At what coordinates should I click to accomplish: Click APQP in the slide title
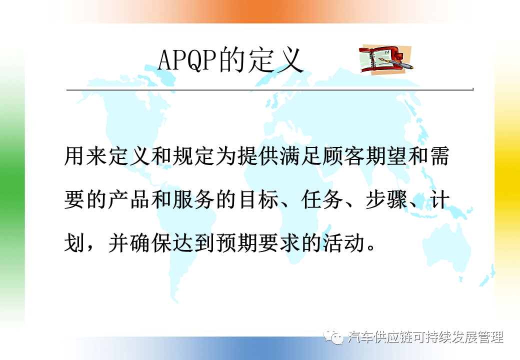[187, 60]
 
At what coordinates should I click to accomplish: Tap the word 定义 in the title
[275, 60]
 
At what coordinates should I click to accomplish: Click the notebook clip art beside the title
[385, 59]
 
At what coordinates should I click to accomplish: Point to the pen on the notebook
[396, 63]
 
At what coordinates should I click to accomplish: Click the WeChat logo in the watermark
[333, 336]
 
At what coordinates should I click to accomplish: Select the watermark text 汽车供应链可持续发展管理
[425, 337]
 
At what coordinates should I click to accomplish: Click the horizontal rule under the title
[269, 89]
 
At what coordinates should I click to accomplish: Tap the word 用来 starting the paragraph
[85, 156]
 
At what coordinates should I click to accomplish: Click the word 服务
[193, 199]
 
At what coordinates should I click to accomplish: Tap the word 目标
[257, 199]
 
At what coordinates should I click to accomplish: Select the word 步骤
[387, 199]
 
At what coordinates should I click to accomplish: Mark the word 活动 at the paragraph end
[344, 243]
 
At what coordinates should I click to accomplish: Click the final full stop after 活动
[371, 248]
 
